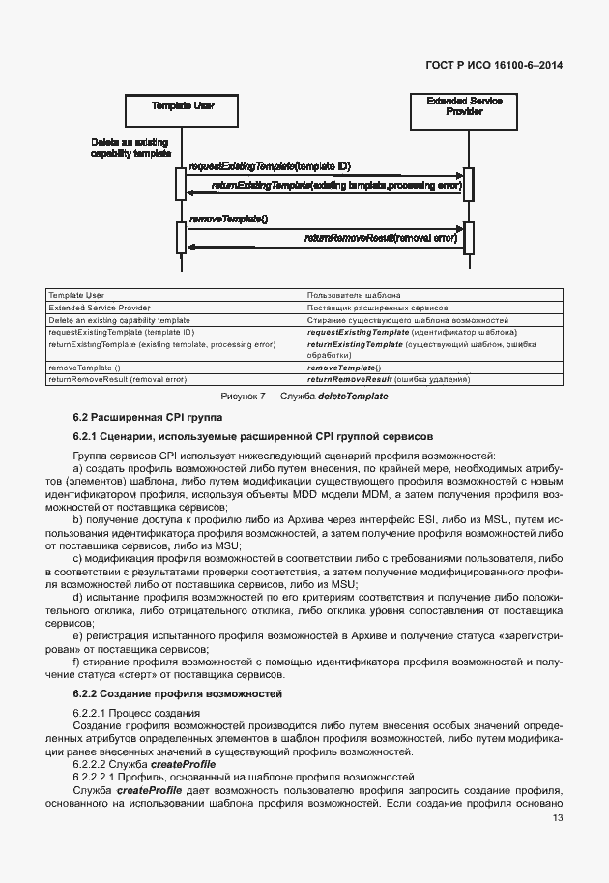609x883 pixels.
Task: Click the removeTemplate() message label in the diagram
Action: tap(227, 220)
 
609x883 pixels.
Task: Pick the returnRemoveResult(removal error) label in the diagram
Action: tap(380, 237)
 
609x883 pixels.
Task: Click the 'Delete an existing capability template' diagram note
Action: tap(130, 147)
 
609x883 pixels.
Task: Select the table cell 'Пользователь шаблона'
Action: tap(347, 295)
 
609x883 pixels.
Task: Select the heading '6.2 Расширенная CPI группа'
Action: tap(147, 417)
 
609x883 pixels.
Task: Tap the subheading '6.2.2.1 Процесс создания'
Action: tap(123, 712)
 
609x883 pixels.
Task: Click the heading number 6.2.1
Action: tap(88, 436)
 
